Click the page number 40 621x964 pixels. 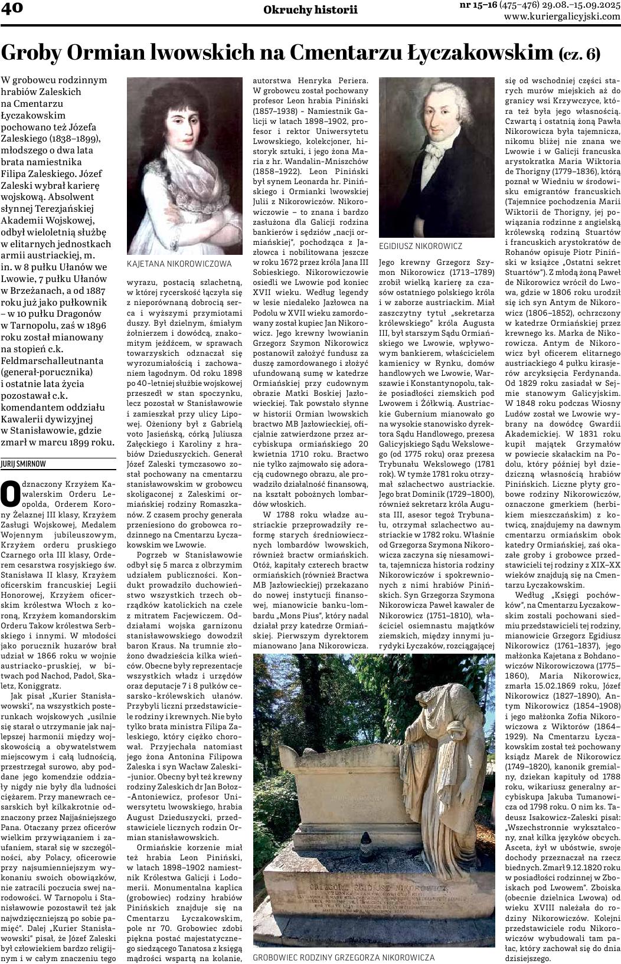click(11, 8)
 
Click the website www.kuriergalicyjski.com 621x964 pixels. click(562, 17)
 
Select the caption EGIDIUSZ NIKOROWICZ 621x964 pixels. click(420, 246)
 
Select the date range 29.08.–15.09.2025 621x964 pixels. click(581, 5)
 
